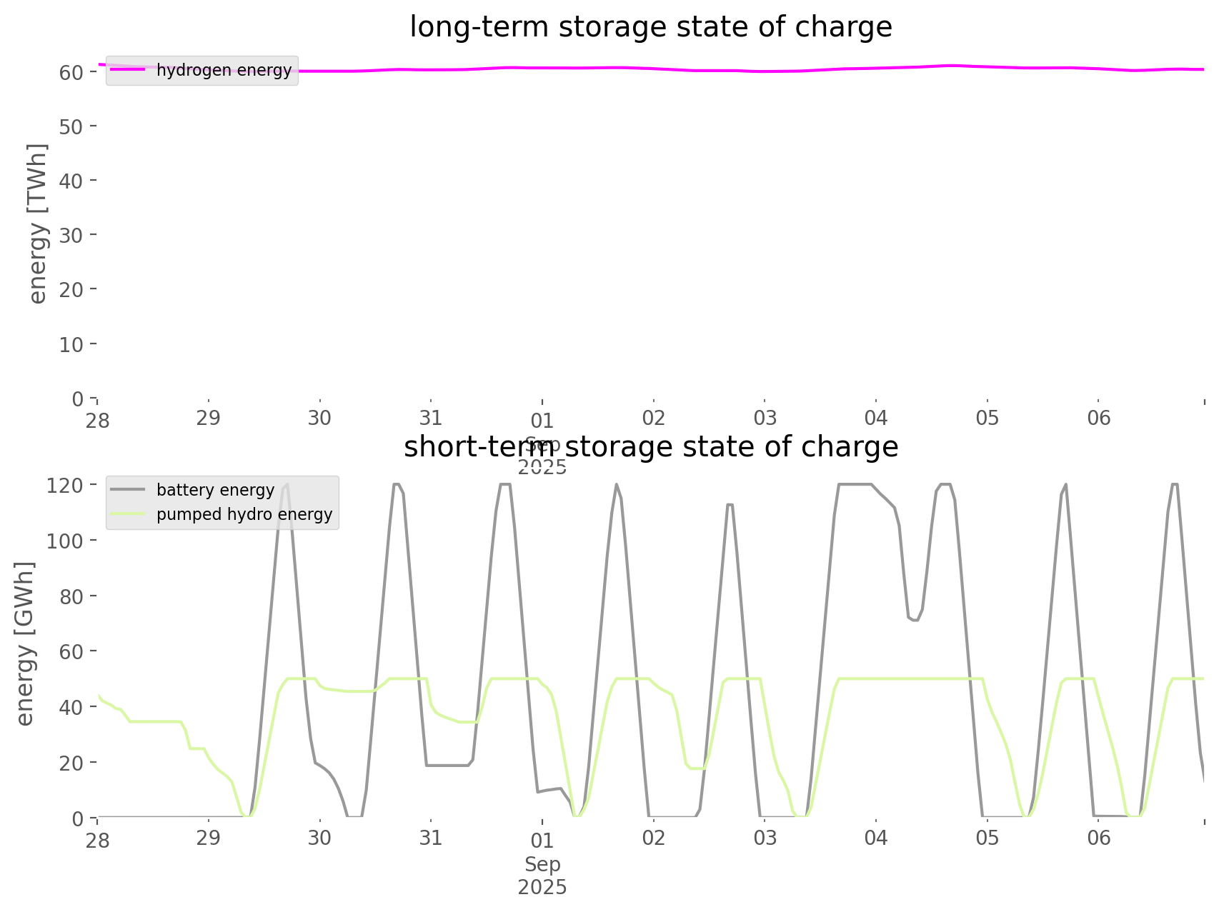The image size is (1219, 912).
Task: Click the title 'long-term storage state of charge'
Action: coord(650,27)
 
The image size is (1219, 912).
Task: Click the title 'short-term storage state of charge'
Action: coord(650,447)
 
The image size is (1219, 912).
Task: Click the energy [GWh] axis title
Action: coord(25,643)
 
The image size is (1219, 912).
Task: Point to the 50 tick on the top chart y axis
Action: coord(71,126)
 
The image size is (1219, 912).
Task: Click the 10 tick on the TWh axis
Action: coord(71,344)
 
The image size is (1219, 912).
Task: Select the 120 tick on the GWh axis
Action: coord(65,485)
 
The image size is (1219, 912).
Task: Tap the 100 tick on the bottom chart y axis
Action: coord(65,541)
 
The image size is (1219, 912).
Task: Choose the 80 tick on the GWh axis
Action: coord(71,596)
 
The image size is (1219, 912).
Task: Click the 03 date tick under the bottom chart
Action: coord(765,838)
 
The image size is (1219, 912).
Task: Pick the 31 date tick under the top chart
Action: coord(431,418)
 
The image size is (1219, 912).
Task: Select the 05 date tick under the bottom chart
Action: coord(987,838)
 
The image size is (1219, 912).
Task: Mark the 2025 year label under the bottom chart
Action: coord(542,888)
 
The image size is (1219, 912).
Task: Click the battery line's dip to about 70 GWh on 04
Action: coord(914,619)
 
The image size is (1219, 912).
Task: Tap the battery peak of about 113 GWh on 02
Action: coord(730,505)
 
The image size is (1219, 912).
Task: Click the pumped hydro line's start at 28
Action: coord(99,695)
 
